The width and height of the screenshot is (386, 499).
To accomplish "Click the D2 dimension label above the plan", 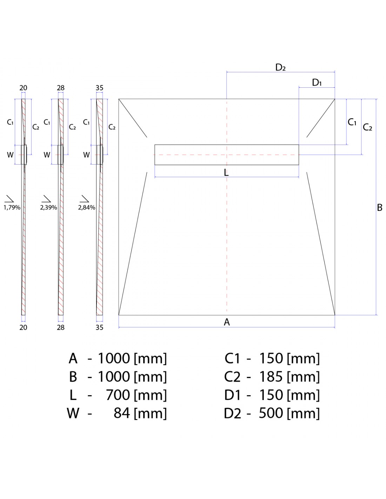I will click(280, 67).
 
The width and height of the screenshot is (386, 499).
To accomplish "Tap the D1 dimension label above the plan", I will click(317, 82).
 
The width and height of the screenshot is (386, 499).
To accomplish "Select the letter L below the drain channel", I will click(226, 172).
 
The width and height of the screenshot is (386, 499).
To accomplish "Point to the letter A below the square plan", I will click(227, 322).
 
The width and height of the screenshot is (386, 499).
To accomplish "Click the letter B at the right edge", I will click(379, 207).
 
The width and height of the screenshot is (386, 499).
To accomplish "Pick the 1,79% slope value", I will click(12, 207).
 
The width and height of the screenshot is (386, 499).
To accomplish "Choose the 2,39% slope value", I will click(48, 207).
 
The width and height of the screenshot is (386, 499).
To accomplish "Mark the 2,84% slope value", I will click(87, 207).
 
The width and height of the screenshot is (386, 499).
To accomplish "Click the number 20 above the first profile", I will click(23, 88).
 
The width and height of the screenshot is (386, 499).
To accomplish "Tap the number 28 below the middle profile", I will click(61, 327).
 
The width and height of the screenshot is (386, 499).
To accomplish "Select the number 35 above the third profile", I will click(99, 88).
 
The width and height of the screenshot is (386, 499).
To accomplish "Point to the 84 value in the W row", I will click(122, 413).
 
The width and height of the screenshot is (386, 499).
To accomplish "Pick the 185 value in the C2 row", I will click(271, 377).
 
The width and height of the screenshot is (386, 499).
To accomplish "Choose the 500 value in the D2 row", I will click(271, 413).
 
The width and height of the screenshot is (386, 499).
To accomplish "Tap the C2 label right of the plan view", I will click(367, 127).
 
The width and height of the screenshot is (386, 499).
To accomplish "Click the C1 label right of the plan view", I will click(352, 122).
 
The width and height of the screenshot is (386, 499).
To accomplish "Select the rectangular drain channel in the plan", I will click(227, 155).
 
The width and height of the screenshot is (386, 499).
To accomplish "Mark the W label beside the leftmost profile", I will click(10, 155).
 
